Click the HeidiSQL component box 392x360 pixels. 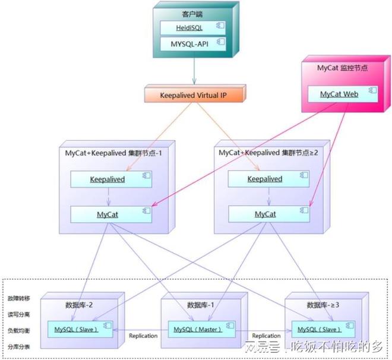coord(193,28)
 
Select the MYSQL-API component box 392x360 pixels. coord(193,43)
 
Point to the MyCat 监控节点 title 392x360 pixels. coord(343,68)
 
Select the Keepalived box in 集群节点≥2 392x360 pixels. coord(264,179)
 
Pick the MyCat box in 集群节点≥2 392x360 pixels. coord(264,214)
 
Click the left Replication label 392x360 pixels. coord(143,336)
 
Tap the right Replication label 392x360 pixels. coord(265,336)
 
